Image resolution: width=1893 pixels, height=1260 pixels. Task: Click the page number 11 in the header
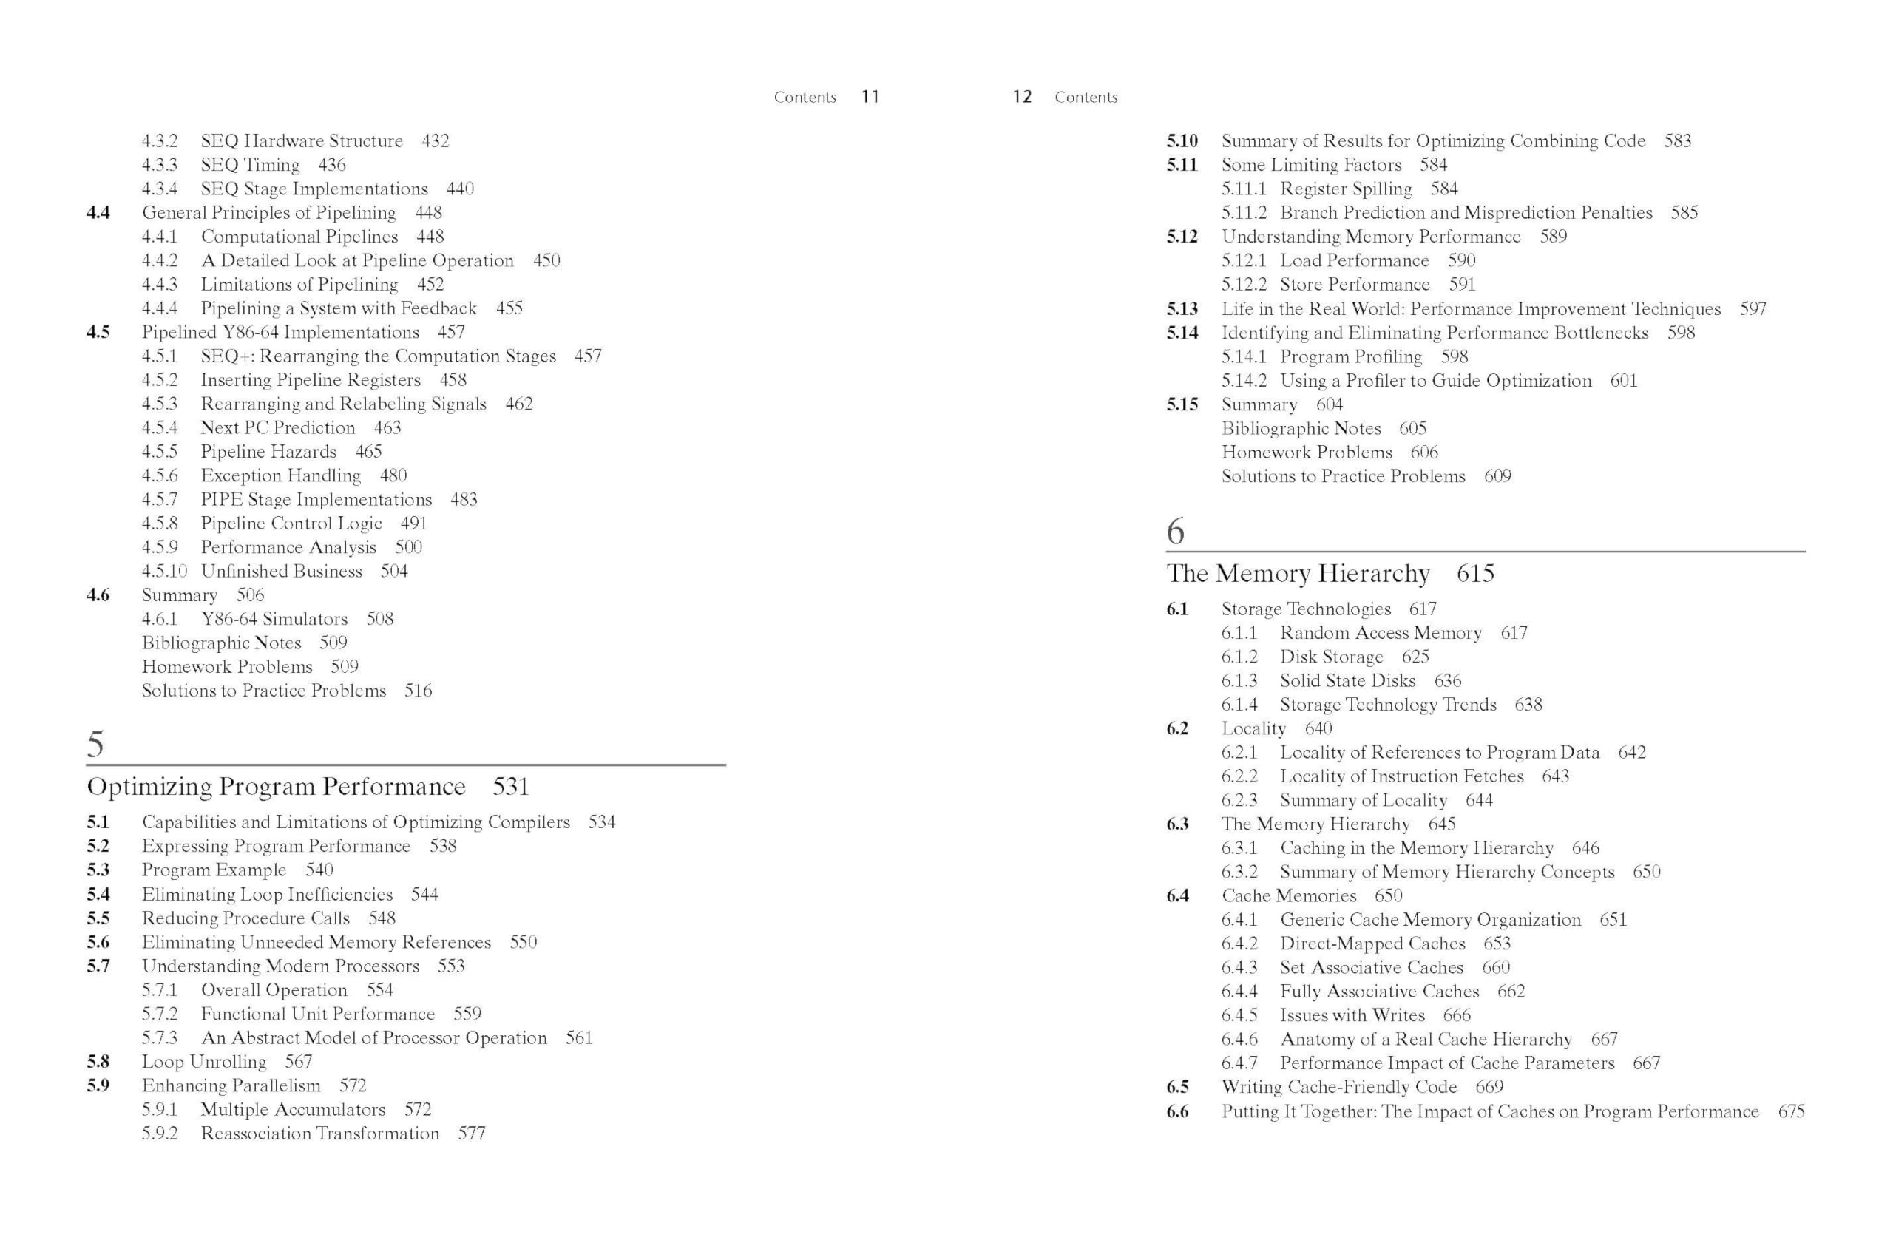[x=870, y=96]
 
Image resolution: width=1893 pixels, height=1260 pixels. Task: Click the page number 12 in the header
[x=1021, y=96]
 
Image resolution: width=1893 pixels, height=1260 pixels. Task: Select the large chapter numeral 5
[x=95, y=743]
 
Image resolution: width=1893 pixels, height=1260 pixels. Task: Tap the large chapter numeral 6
[x=1175, y=530]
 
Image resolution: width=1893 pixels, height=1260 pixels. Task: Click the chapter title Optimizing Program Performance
[x=276, y=786]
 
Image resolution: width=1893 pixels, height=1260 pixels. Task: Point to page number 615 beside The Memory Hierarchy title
[x=1474, y=573]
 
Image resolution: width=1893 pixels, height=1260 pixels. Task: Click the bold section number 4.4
[x=98, y=212]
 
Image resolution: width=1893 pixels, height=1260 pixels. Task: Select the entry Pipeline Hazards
[x=268, y=452]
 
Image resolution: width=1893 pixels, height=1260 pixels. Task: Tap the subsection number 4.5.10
[x=164, y=571]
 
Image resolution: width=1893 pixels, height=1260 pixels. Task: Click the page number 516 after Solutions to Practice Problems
[x=418, y=691]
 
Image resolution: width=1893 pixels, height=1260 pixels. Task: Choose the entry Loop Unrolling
[x=204, y=1062]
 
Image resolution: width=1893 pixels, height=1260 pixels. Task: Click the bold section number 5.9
[x=98, y=1085]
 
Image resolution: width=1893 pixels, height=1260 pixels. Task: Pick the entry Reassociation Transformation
[x=319, y=1133]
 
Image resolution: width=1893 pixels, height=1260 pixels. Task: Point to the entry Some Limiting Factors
[x=1311, y=165]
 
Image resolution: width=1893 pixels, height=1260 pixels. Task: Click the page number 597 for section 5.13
[x=1753, y=308]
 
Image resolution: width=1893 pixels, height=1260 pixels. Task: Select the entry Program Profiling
[x=1351, y=357]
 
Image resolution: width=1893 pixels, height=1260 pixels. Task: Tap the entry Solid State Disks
[x=1347, y=680]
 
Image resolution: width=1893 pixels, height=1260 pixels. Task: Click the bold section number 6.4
[x=1177, y=896]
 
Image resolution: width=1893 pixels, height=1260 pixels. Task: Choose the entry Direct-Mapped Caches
[x=1372, y=944]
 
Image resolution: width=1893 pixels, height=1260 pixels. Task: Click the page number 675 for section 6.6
[x=1791, y=1111]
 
